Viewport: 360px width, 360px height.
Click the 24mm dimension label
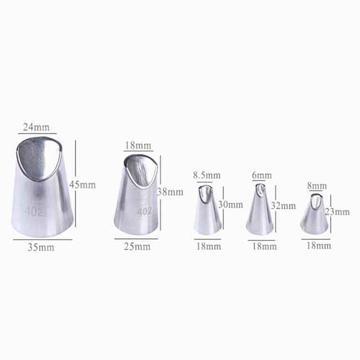[x=36, y=127]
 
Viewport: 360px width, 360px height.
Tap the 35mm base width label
[x=42, y=247]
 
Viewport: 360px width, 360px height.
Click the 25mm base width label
[x=136, y=246]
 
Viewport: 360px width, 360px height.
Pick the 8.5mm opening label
[x=207, y=176]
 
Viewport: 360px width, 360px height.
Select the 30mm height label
[x=230, y=204]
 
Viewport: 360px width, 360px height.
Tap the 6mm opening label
[x=262, y=176]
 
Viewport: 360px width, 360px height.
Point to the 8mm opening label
[x=317, y=187]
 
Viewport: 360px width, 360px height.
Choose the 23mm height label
[x=338, y=212]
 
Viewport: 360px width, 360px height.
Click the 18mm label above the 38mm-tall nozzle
[x=138, y=146]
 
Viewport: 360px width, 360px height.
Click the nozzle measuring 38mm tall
[x=137, y=194]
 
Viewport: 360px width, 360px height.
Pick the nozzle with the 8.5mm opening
[x=207, y=210]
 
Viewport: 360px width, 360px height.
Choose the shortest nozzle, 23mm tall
[x=315, y=215]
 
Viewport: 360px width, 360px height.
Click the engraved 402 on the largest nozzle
[x=33, y=211]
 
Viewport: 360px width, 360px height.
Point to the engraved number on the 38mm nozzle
[x=144, y=211]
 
